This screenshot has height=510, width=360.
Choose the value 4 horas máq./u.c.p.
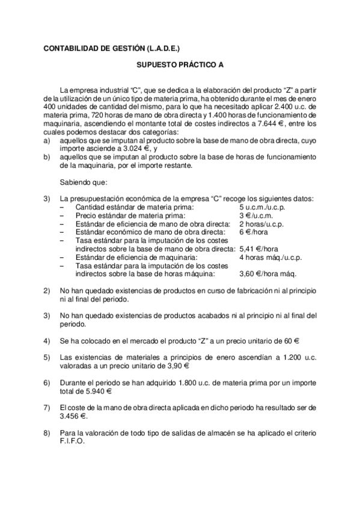(270, 257)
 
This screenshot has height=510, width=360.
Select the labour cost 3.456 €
(74, 415)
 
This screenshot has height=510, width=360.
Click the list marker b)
(47, 156)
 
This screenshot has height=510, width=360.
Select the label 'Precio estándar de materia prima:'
(130, 215)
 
